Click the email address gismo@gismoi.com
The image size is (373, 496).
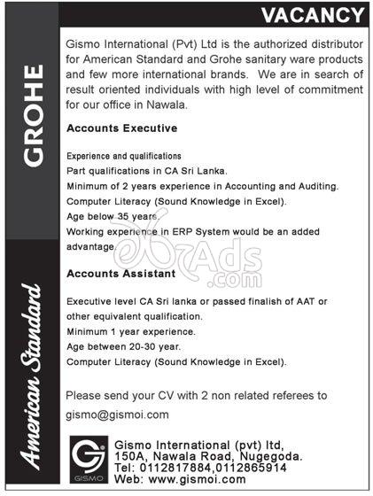point(118,414)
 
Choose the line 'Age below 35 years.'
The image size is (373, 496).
point(112,215)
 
